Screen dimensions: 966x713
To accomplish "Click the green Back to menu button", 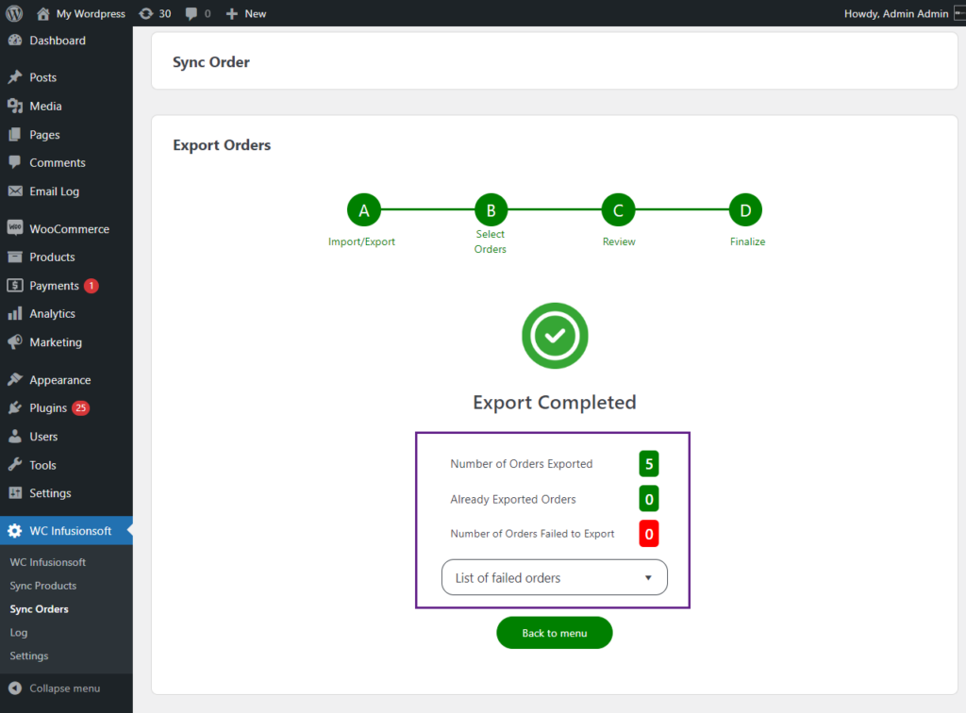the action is pyautogui.click(x=555, y=632).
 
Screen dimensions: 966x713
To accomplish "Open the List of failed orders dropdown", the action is pyautogui.click(x=555, y=577).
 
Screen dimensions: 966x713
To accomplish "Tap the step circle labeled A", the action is pyautogui.click(x=364, y=210).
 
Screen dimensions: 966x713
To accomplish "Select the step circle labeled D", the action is pyautogui.click(x=745, y=210).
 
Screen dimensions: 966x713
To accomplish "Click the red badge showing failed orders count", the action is pyautogui.click(x=649, y=534).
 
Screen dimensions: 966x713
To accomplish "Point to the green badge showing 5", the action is pyautogui.click(x=649, y=464).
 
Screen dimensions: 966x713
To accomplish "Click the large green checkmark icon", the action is pyautogui.click(x=555, y=336).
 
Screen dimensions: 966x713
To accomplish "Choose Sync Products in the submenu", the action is pyautogui.click(x=43, y=586).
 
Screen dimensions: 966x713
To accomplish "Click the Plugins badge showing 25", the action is pyautogui.click(x=81, y=408).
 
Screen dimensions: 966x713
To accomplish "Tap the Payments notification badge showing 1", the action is pyautogui.click(x=92, y=286).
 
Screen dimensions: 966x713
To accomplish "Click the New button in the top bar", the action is pyautogui.click(x=246, y=13).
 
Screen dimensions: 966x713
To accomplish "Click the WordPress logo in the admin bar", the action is pyautogui.click(x=14, y=13).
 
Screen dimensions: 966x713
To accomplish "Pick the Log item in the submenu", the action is pyautogui.click(x=19, y=632).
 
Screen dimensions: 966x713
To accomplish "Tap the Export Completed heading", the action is pyautogui.click(x=555, y=402).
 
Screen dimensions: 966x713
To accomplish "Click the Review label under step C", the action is pyautogui.click(x=619, y=241).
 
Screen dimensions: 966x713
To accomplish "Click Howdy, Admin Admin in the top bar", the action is pyautogui.click(x=896, y=13).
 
